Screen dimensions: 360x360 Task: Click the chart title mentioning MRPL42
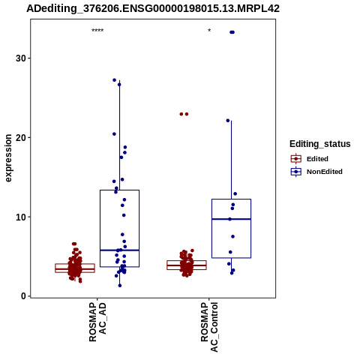pyautogui.click(x=153, y=8)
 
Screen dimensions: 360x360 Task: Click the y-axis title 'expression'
pyautogui.click(x=8, y=158)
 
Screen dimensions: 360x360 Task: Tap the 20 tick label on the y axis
pyautogui.click(x=21, y=137)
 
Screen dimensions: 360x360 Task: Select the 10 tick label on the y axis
pyautogui.click(x=21, y=217)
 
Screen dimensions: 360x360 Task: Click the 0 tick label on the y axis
pyautogui.click(x=24, y=296)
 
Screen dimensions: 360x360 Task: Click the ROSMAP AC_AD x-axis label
pyautogui.click(x=97, y=322)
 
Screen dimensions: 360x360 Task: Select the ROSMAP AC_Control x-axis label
pyautogui.click(x=209, y=327)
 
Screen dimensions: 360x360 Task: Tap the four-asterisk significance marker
pyautogui.click(x=97, y=31)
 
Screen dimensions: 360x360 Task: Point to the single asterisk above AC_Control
pyautogui.click(x=209, y=31)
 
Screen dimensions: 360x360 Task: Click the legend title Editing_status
pyautogui.click(x=319, y=144)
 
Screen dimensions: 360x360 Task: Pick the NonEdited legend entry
pyautogui.click(x=316, y=172)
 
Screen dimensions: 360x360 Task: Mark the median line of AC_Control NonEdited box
pyautogui.click(x=232, y=219)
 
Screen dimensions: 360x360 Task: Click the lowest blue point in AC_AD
pyautogui.click(x=120, y=286)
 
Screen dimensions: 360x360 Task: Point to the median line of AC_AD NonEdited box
pyautogui.click(x=119, y=250)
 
